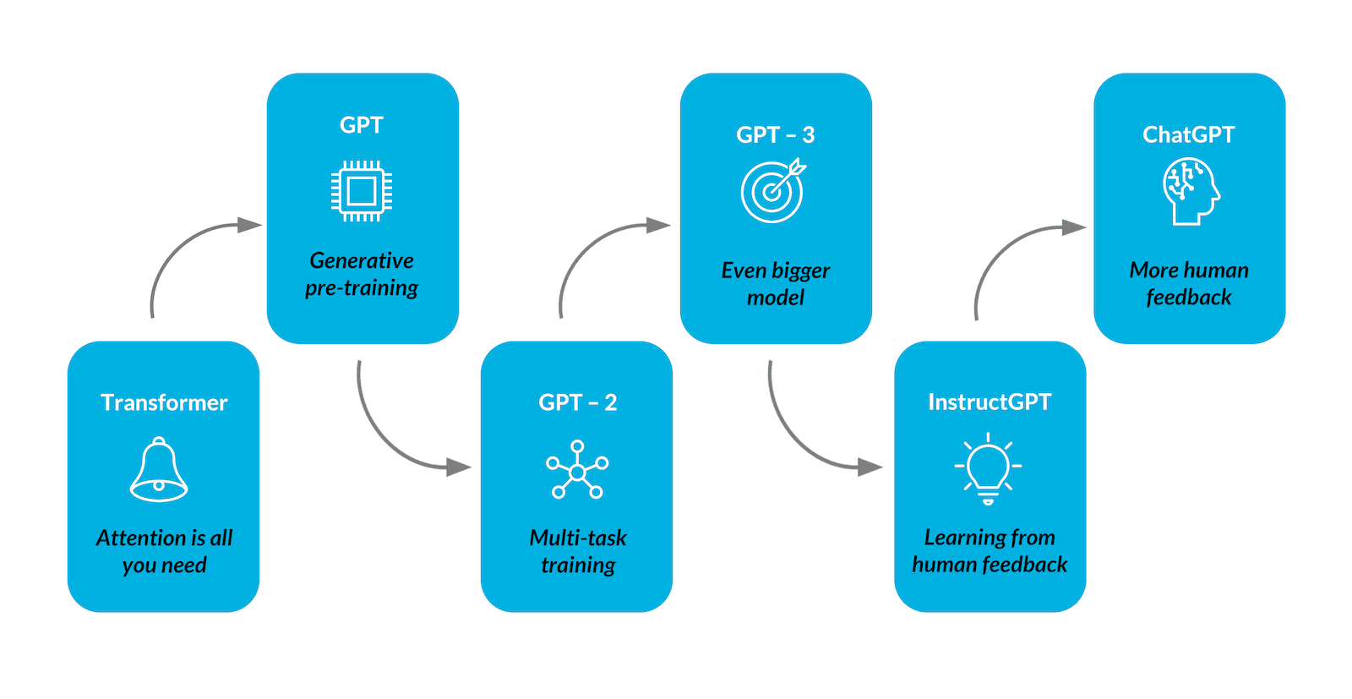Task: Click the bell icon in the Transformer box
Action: tap(159, 469)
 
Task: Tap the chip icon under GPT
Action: tap(362, 191)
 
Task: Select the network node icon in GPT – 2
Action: tap(577, 470)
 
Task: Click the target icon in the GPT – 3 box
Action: tap(773, 192)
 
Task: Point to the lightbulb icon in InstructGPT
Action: tap(988, 468)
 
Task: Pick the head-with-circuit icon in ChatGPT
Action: tap(1191, 192)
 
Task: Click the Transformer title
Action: tap(164, 402)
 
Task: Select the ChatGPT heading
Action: tap(1188, 134)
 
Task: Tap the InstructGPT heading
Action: tap(989, 401)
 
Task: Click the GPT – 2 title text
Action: tap(578, 402)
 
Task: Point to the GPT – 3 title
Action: tap(775, 134)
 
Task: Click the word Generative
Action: tap(362, 260)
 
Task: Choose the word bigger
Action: tap(800, 270)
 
